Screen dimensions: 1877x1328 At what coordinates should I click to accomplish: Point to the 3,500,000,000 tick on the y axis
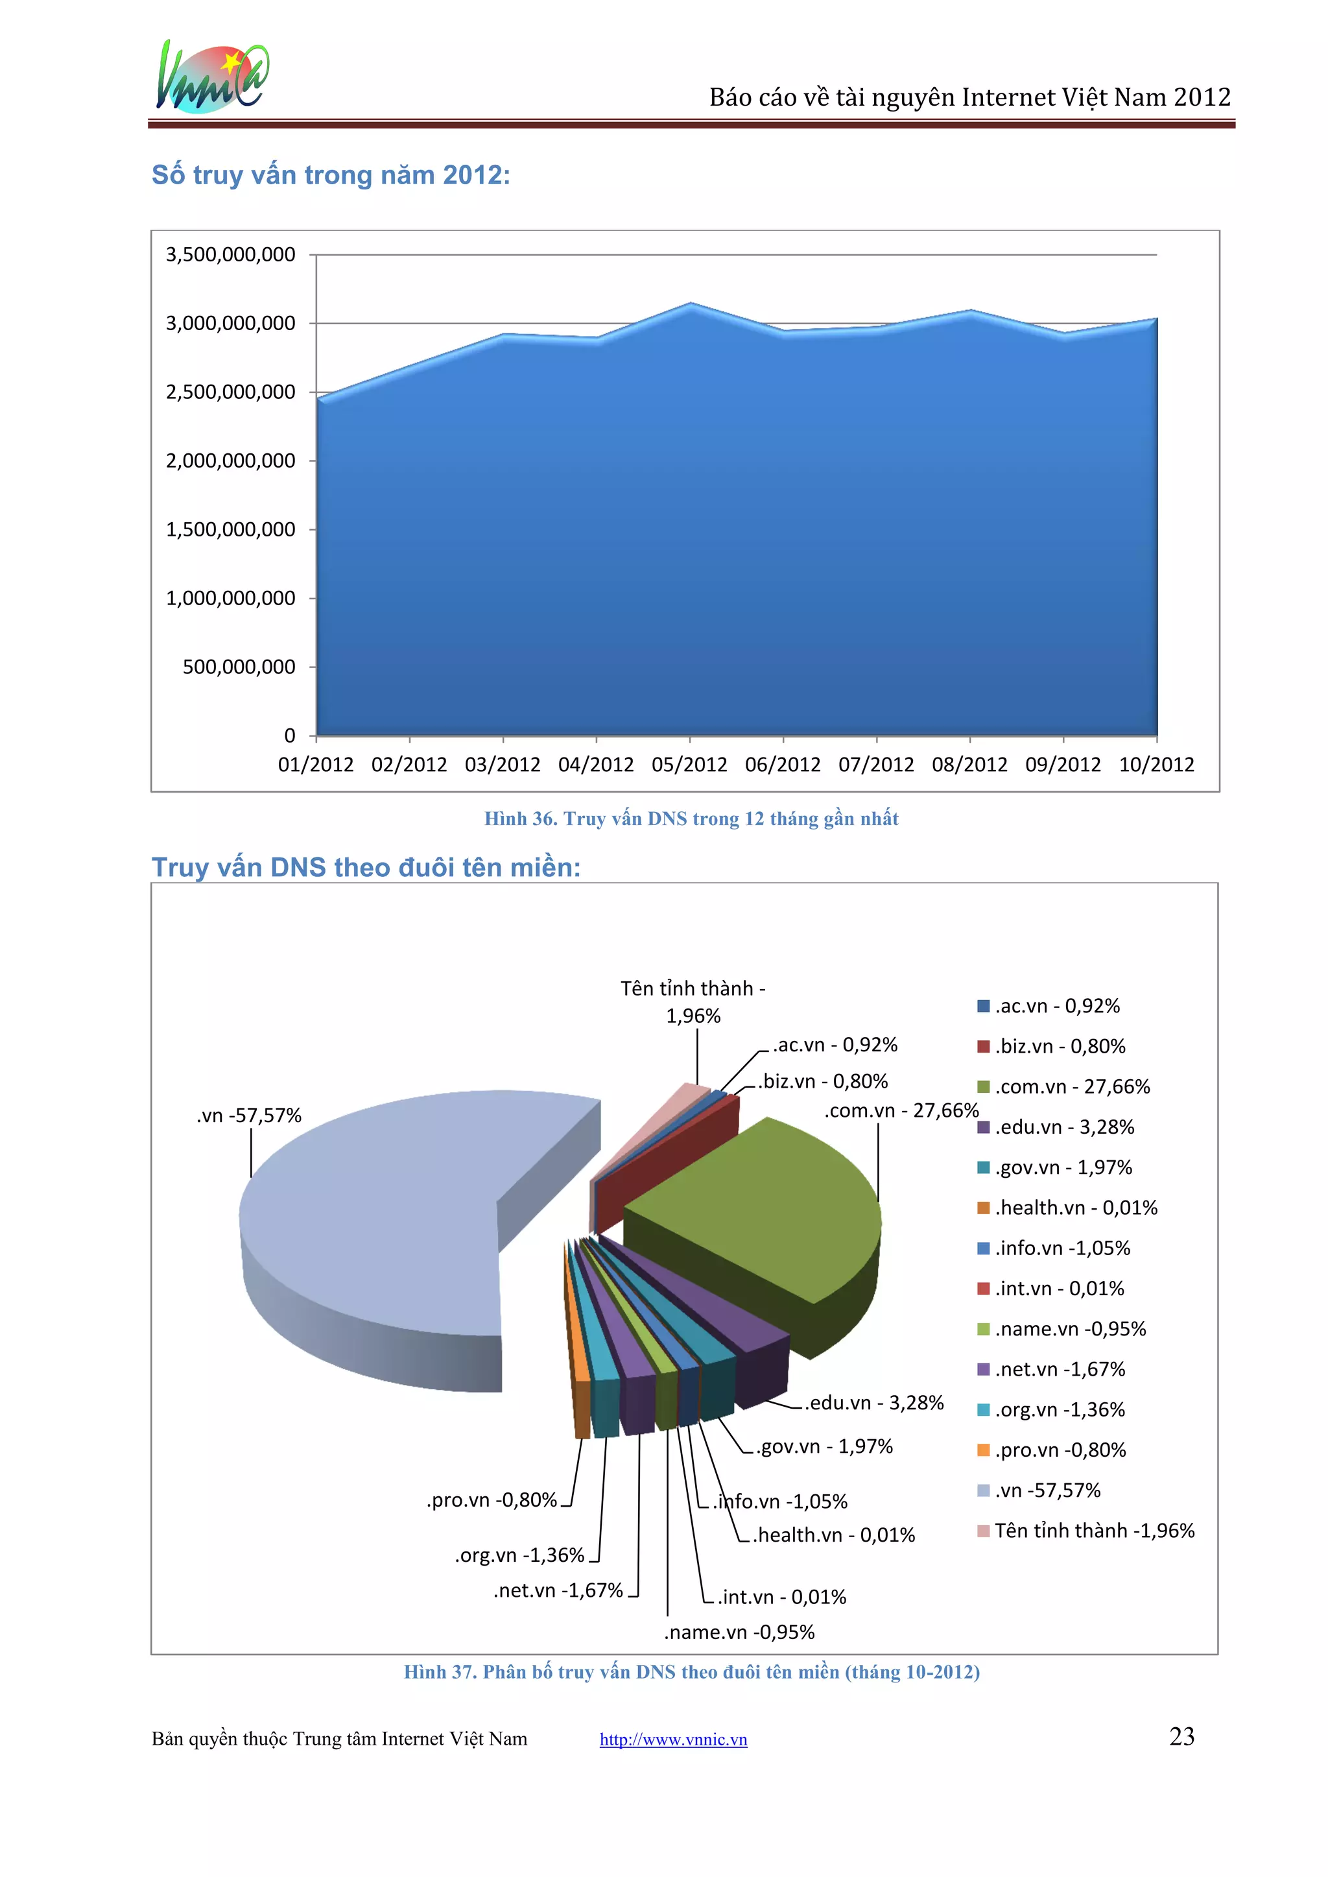tap(231, 255)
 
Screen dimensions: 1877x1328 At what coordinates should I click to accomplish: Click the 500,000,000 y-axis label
tap(239, 667)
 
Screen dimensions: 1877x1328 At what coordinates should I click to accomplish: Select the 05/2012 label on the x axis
tap(689, 765)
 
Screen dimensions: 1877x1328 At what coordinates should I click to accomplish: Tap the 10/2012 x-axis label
tap(1156, 765)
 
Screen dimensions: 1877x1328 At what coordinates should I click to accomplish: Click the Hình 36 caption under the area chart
tap(691, 819)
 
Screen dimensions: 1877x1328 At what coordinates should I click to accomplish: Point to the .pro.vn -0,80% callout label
tap(492, 1500)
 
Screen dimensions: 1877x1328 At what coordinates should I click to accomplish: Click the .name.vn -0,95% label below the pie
tap(739, 1632)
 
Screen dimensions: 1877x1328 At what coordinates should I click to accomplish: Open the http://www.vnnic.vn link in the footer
tap(673, 1740)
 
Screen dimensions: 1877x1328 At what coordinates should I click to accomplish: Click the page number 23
tap(1181, 1736)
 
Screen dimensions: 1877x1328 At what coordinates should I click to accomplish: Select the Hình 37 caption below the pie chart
tap(691, 1671)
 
